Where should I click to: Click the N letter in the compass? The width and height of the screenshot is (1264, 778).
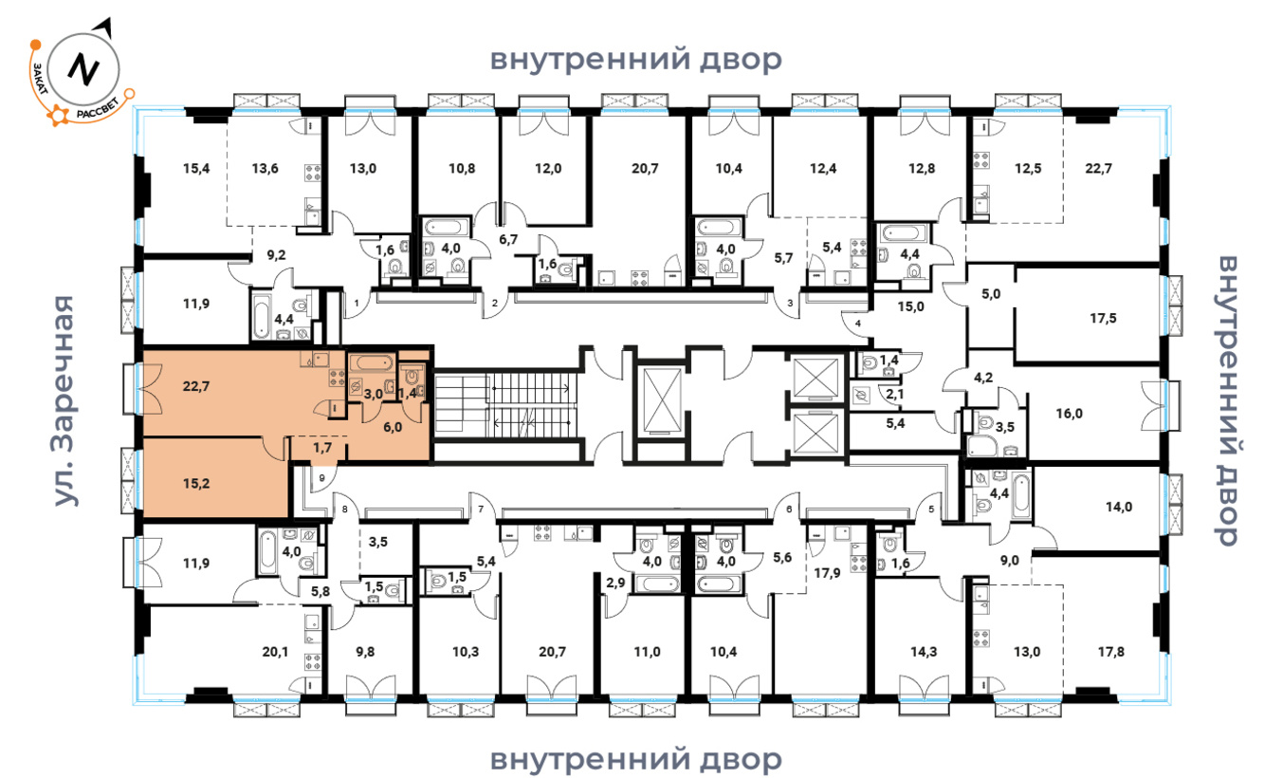click(x=83, y=69)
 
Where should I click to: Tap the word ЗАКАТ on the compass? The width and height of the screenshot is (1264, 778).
click(x=40, y=79)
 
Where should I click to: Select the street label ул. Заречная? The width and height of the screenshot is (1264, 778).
click(x=64, y=400)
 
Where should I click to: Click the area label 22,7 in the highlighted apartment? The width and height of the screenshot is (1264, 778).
click(x=195, y=387)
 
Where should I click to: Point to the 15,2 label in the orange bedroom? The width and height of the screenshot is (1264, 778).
click(x=195, y=484)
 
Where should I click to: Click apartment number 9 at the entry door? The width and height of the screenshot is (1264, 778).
click(x=321, y=478)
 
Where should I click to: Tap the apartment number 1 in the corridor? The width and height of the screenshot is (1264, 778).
click(x=357, y=304)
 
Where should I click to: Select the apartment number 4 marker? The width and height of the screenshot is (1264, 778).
click(x=858, y=324)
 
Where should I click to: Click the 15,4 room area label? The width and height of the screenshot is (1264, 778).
click(x=195, y=169)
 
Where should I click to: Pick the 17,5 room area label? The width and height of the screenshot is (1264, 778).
click(x=1103, y=319)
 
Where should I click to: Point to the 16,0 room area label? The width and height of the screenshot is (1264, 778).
click(x=1069, y=414)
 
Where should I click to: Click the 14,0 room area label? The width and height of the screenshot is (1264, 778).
click(x=1118, y=507)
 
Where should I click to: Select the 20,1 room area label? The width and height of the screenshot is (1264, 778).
click(x=275, y=652)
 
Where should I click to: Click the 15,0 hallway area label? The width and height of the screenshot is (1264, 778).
click(x=910, y=307)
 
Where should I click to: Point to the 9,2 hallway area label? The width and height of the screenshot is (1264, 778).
click(x=276, y=255)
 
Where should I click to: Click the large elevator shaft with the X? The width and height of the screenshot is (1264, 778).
click(x=662, y=401)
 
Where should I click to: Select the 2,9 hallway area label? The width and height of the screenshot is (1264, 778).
click(x=615, y=583)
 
